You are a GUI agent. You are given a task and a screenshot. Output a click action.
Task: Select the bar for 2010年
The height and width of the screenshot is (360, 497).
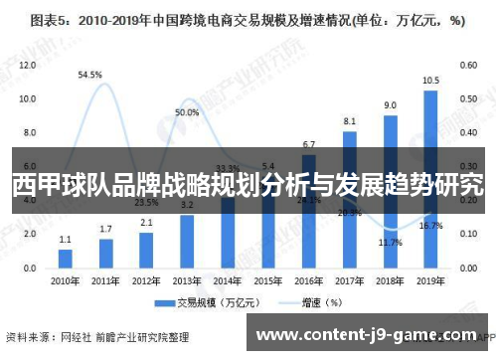[66, 258]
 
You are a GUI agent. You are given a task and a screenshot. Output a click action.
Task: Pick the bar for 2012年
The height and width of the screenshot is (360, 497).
[146, 250]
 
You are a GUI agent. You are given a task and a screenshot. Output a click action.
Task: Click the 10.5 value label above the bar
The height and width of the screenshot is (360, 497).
[430, 81]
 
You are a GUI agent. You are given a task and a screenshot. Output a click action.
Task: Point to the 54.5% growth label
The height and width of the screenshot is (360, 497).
[90, 75]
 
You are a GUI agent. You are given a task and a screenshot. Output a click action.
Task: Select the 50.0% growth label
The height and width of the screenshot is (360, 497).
[187, 113]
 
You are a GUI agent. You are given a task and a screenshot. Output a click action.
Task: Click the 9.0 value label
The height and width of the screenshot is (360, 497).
[391, 104]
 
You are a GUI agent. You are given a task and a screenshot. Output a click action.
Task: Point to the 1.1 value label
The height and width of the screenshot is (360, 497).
[66, 240]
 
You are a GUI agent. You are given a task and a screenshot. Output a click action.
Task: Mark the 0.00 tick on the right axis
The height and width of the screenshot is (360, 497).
[466, 270]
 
